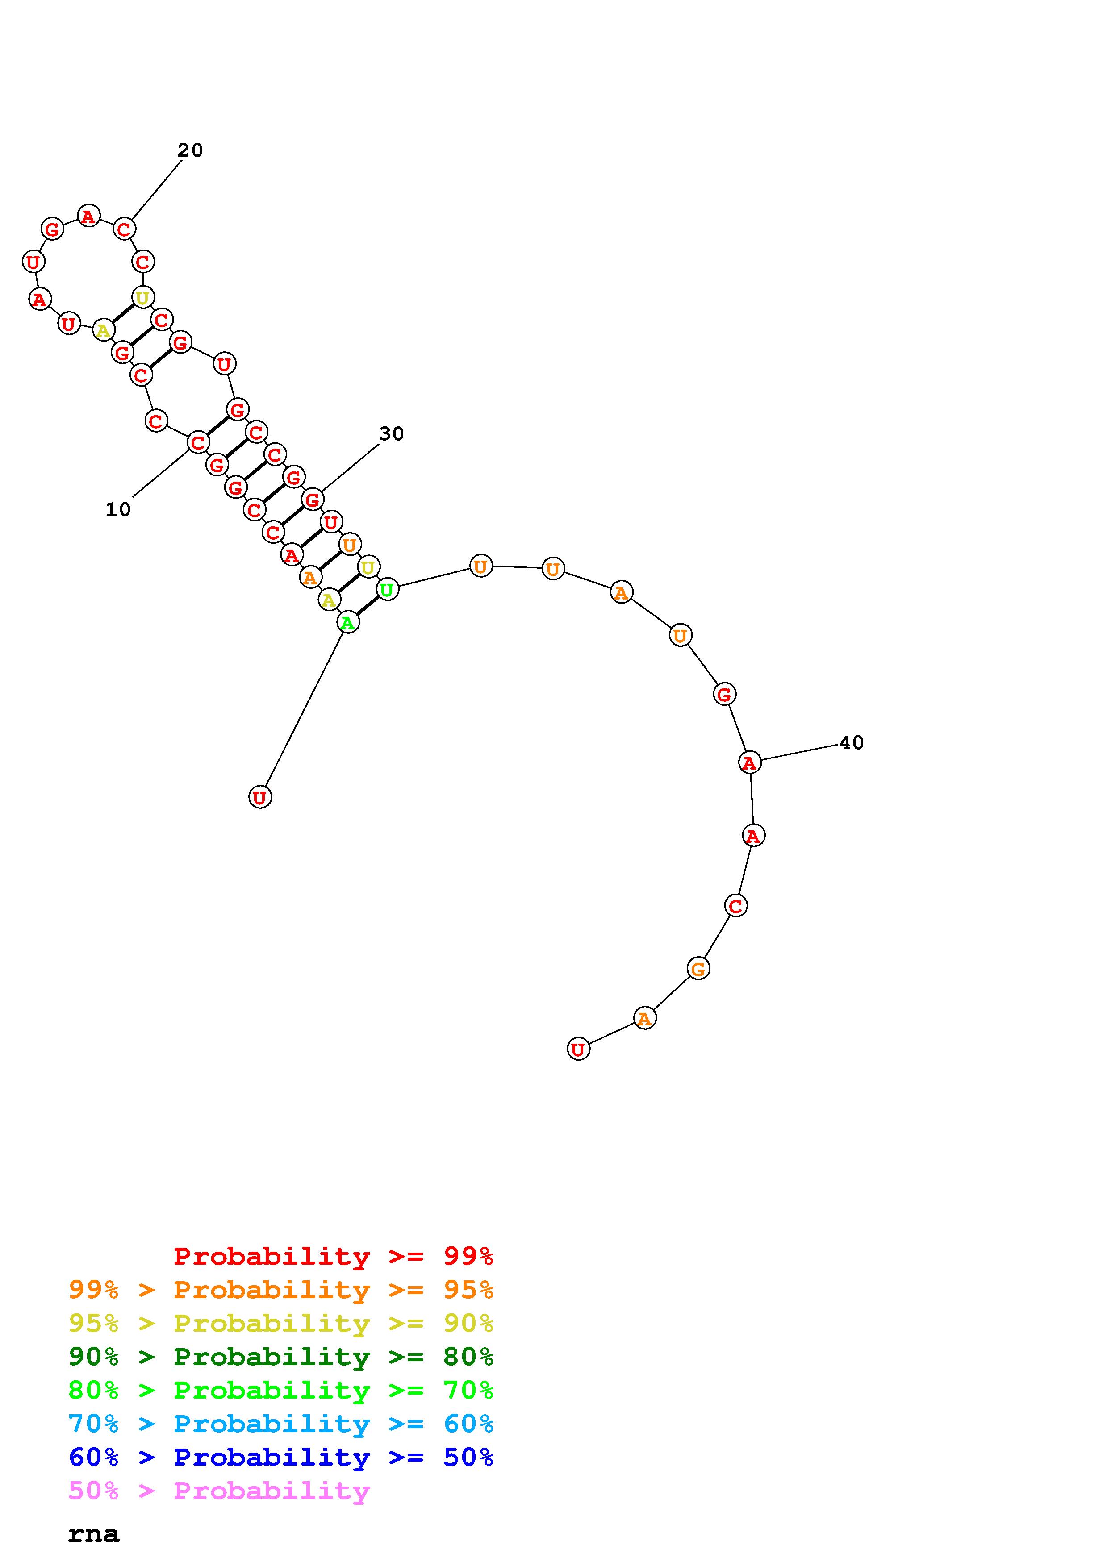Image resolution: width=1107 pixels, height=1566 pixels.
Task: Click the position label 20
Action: pos(190,150)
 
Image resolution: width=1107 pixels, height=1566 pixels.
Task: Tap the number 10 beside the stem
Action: pos(118,509)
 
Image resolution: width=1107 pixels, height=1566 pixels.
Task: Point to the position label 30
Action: pos(392,434)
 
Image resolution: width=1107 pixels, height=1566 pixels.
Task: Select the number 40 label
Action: pos(851,743)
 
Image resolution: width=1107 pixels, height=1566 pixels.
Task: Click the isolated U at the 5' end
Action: pos(260,797)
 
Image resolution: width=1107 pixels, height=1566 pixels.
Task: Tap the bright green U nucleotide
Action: pos(387,589)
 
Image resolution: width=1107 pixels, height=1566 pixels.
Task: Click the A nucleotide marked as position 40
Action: pos(750,762)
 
